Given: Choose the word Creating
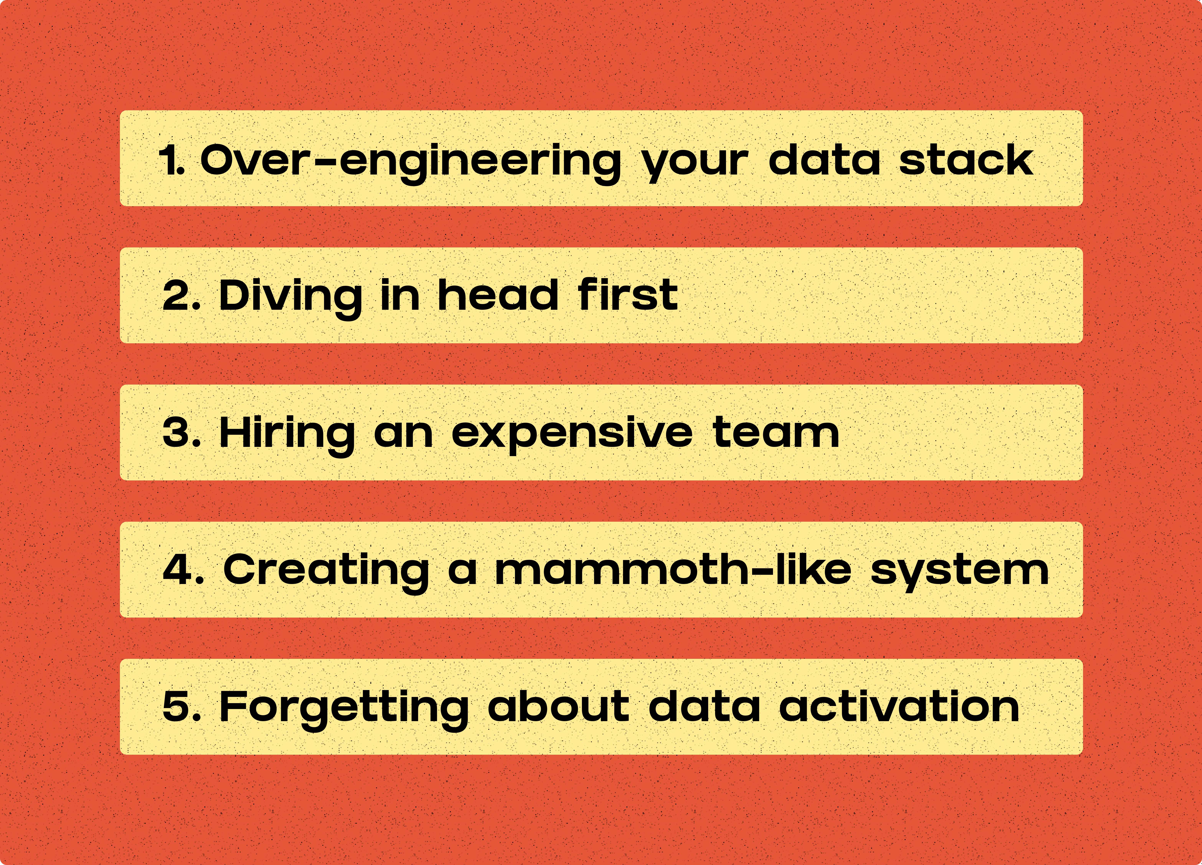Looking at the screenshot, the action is click(326, 573).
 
